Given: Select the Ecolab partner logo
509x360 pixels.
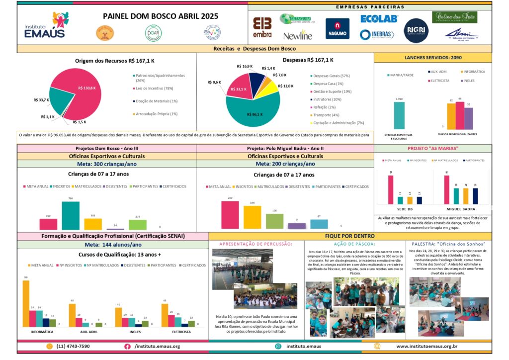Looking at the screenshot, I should click(379, 18).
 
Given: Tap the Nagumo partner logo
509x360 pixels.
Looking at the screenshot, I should click(337, 28).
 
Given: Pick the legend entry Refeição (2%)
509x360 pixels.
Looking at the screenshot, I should click(324, 107).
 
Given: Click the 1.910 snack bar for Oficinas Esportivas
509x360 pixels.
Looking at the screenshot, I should click(399, 116).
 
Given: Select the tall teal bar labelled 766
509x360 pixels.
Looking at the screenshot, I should click(70, 215).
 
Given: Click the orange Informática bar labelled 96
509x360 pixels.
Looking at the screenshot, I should click(26, 303).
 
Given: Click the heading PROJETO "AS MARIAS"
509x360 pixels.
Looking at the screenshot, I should click(433, 148).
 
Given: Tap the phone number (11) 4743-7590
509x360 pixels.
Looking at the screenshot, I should click(73, 346).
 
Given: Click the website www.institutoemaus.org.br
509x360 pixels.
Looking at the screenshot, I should click(426, 346).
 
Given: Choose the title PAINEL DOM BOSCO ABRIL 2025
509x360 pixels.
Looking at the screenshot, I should click(160, 16).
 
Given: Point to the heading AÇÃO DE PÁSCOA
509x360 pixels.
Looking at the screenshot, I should click(353, 244).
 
